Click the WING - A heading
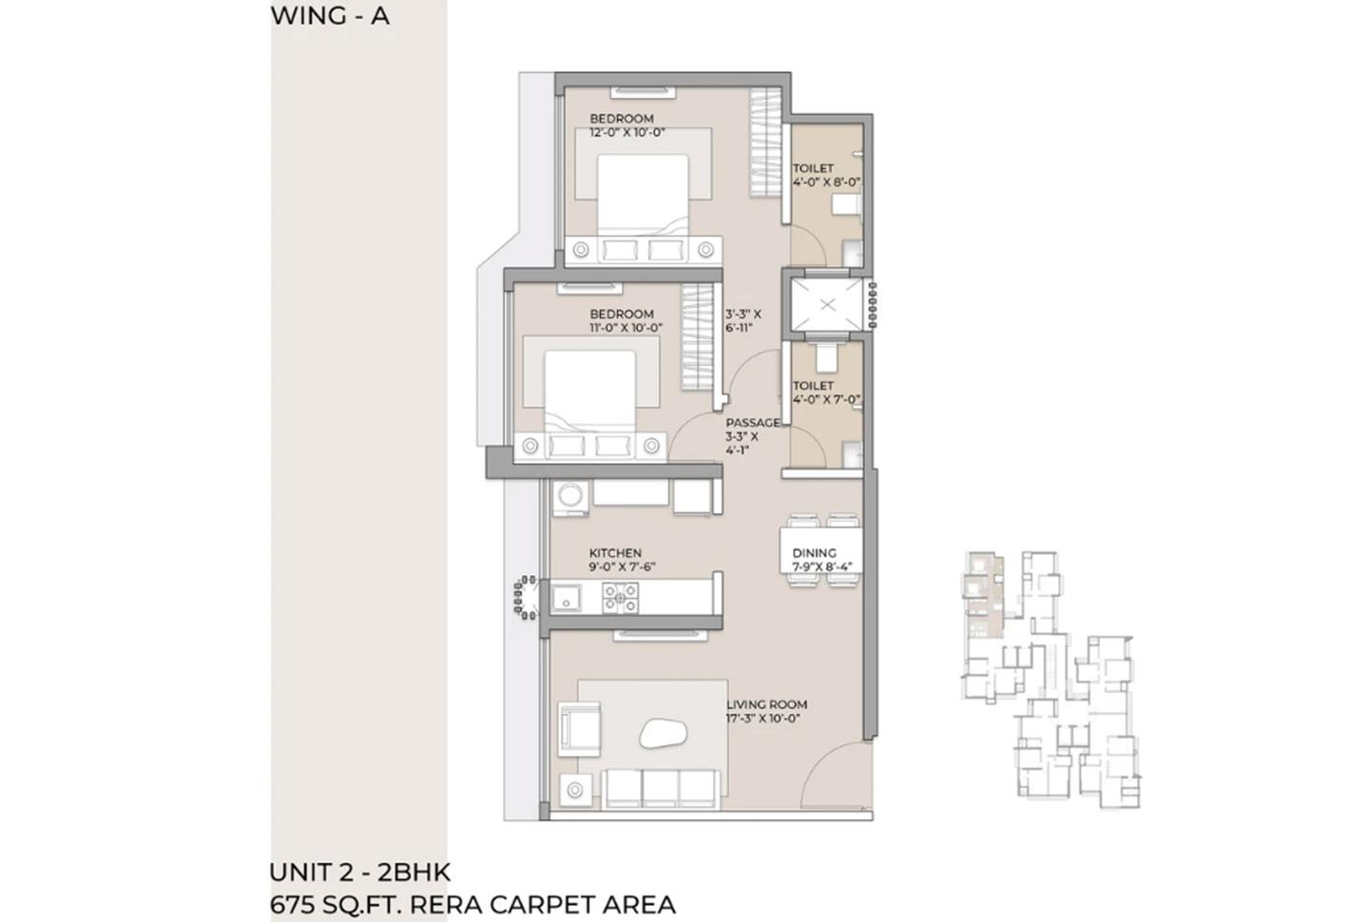[330, 16]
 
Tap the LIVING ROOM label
[766, 704]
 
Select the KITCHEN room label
[615, 552]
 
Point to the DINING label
[814, 552]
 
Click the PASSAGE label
[753, 423]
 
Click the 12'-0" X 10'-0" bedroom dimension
[627, 133]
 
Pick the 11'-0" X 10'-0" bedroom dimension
[626, 328]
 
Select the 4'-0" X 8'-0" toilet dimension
[827, 182]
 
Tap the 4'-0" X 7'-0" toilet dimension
[827, 399]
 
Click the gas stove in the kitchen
[620, 597]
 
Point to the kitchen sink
[567, 598]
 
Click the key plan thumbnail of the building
[1051, 679]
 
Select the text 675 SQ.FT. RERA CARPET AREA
[472, 904]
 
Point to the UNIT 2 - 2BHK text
[360, 872]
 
